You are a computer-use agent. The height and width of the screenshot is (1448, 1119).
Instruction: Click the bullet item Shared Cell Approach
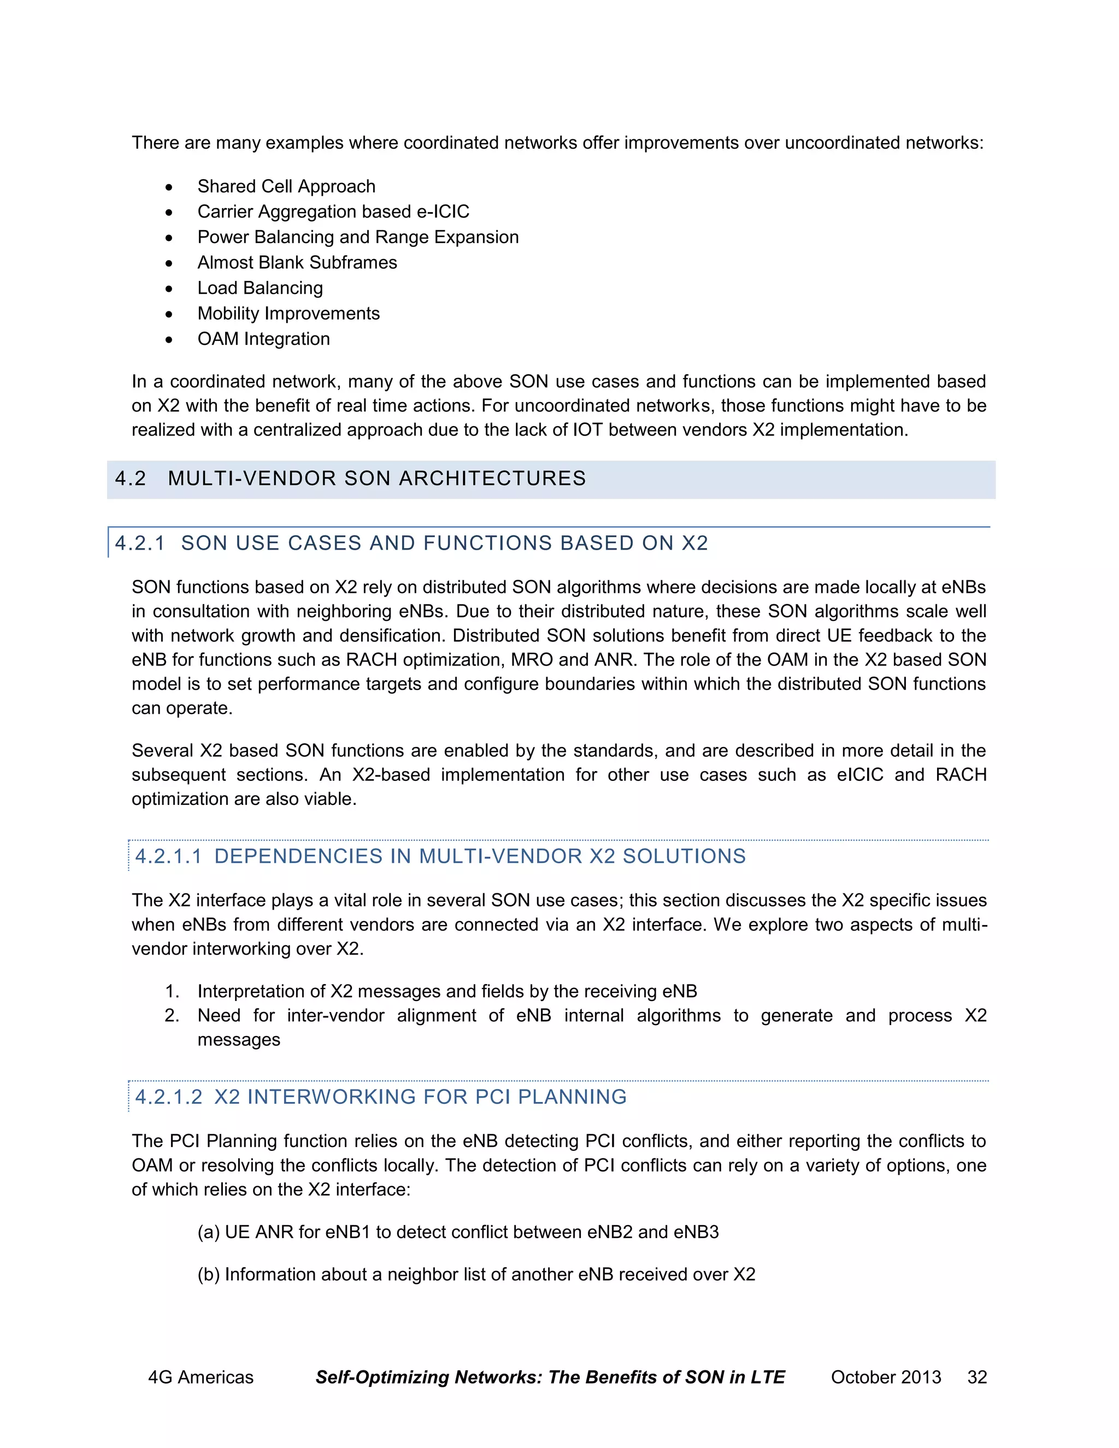[286, 186]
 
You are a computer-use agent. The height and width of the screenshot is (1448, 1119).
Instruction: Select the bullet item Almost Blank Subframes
[297, 262]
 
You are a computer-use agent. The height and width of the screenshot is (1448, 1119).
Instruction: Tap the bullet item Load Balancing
[260, 288]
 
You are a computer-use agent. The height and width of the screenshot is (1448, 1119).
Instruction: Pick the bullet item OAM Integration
[263, 339]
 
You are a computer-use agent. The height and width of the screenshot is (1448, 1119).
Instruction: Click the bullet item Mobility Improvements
[288, 314]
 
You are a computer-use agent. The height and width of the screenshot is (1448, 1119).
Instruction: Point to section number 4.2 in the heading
[130, 479]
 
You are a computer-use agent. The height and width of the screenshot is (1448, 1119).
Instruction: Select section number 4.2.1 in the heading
[139, 544]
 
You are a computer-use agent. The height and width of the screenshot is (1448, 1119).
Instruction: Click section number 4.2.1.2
[168, 1097]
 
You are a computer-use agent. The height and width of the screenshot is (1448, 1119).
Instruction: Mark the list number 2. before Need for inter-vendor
[172, 1016]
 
